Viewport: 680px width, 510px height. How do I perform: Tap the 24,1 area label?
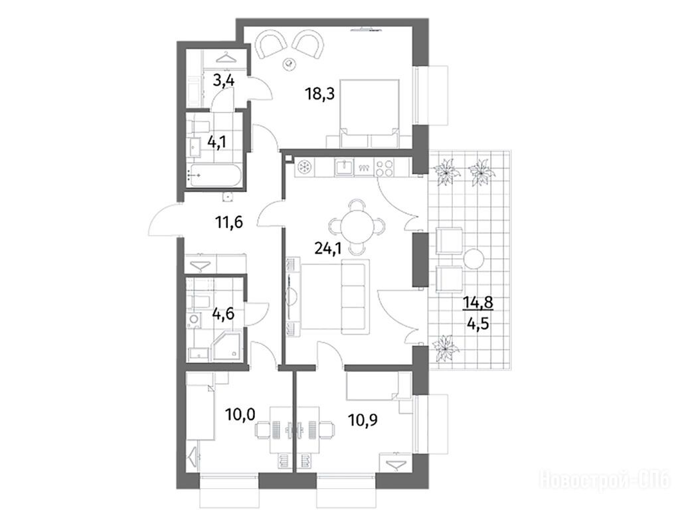pos(328,248)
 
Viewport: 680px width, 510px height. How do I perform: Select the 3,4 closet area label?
pos(224,80)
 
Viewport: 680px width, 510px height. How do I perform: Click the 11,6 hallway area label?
pos(229,222)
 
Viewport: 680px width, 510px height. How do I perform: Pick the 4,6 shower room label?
pos(223,313)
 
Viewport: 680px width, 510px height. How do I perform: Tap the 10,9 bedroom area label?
pos(363,420)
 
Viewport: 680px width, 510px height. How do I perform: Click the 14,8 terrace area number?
pos(478,302)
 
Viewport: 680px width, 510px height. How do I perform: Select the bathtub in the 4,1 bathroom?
pos(213,176)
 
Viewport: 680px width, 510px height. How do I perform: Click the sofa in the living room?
pos(355,297)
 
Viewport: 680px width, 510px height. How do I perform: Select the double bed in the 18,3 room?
pos(369,113)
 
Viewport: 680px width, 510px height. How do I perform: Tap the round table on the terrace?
pos(473,260)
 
